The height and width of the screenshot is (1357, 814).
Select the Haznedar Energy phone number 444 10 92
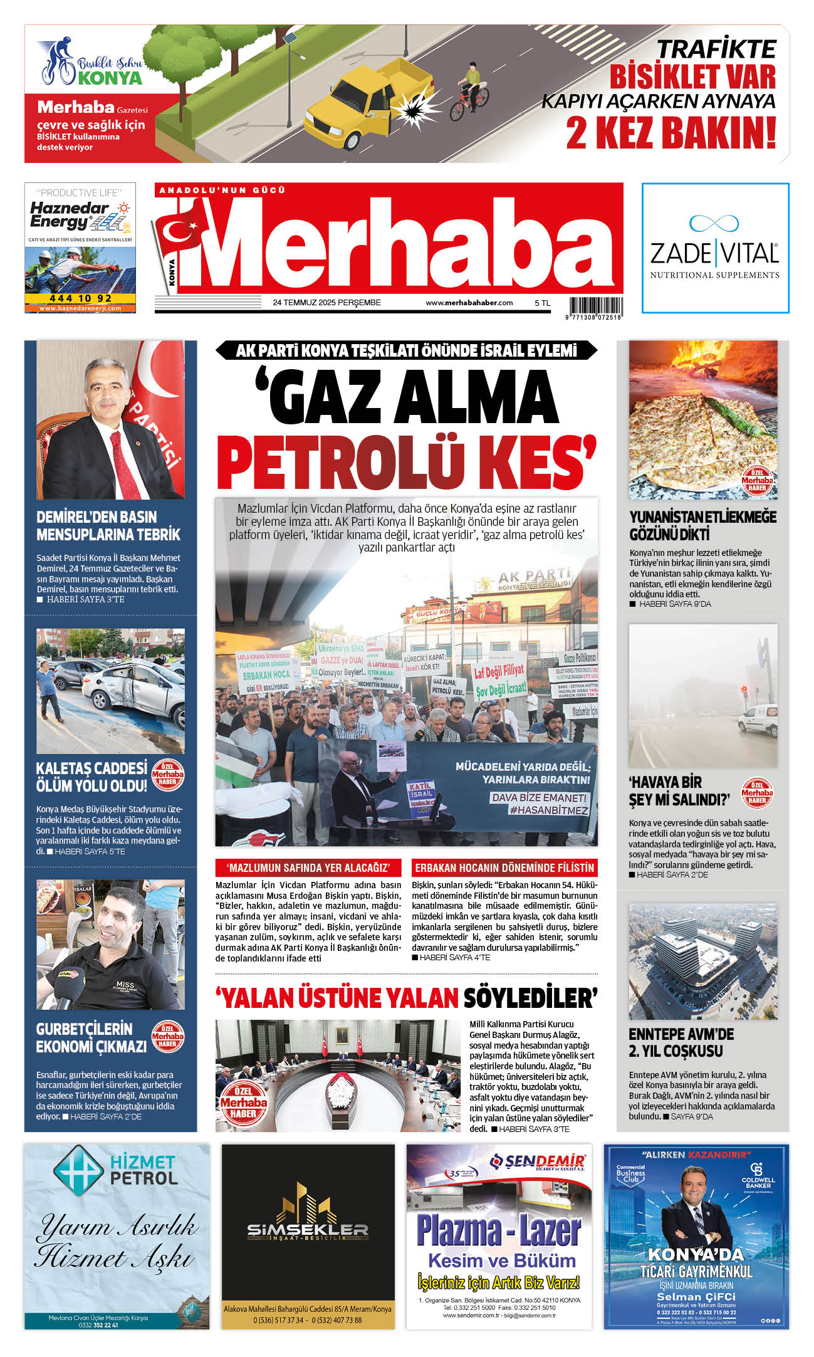[80, 298]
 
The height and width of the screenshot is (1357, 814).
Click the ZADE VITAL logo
[714, 247]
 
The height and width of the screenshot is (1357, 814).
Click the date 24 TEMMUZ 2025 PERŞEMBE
[326, 303]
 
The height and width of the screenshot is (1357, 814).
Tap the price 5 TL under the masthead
[542, 303]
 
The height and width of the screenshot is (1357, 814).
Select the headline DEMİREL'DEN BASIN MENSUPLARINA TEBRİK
[108, 526]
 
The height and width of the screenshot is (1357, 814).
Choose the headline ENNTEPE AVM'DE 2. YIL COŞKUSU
[681, 1042]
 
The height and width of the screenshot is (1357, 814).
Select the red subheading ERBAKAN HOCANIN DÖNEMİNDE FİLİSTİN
[504, 868]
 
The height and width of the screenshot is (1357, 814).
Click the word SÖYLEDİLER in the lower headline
[530, 998]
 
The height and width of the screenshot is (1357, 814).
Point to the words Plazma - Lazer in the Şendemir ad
[499, 1230]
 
